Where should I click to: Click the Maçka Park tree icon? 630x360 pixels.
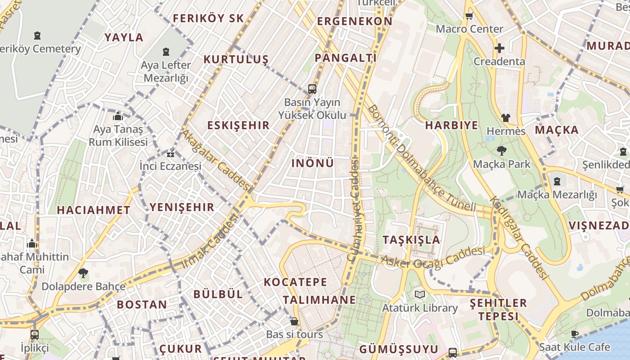pyautogui.click(x=501, y=151)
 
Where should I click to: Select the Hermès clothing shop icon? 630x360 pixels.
pyautogui.click(x=506, y=118)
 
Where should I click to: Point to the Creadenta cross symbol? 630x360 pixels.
pyautogui.click(x=499, y=48)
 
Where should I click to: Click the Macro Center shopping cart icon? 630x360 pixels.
pyautogui.click(x=469, y=16)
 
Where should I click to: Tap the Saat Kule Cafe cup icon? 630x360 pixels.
pyautogui.click(x=574, y=334)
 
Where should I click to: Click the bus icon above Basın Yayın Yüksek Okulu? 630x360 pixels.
pyautogui.click(x=312, y=89)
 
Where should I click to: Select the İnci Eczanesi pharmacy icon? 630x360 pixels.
pyautogui.click(x=171, y=154)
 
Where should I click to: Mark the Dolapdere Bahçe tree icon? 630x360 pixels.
pyautogui.click(x=83, y=273)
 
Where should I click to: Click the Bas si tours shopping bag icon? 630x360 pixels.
pyautogui.click(x=294, y=321)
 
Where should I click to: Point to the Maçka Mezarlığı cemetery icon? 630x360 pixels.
pyautogui.click(x=557, y=181)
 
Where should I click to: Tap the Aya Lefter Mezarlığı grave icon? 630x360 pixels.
pyautogui.click(x=166, y=52)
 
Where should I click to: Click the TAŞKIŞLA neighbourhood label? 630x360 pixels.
pyautogui.click(x=411, y=239)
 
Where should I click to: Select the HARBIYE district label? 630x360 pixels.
pyautogui.click(x=451, y=126)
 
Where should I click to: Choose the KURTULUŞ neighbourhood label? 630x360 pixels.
pyautogui.click(x=236, y=59)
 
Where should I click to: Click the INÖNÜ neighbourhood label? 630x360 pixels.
pyautogui.click(x=313, y=163)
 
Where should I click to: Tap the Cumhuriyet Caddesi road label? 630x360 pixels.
pyautogui.click(x=354, y=210)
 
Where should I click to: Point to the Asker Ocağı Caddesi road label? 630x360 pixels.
pyautogui.click(x=432, y=258)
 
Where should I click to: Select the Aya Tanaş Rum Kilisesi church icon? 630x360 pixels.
pyautogui.click(x=118, y=116)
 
